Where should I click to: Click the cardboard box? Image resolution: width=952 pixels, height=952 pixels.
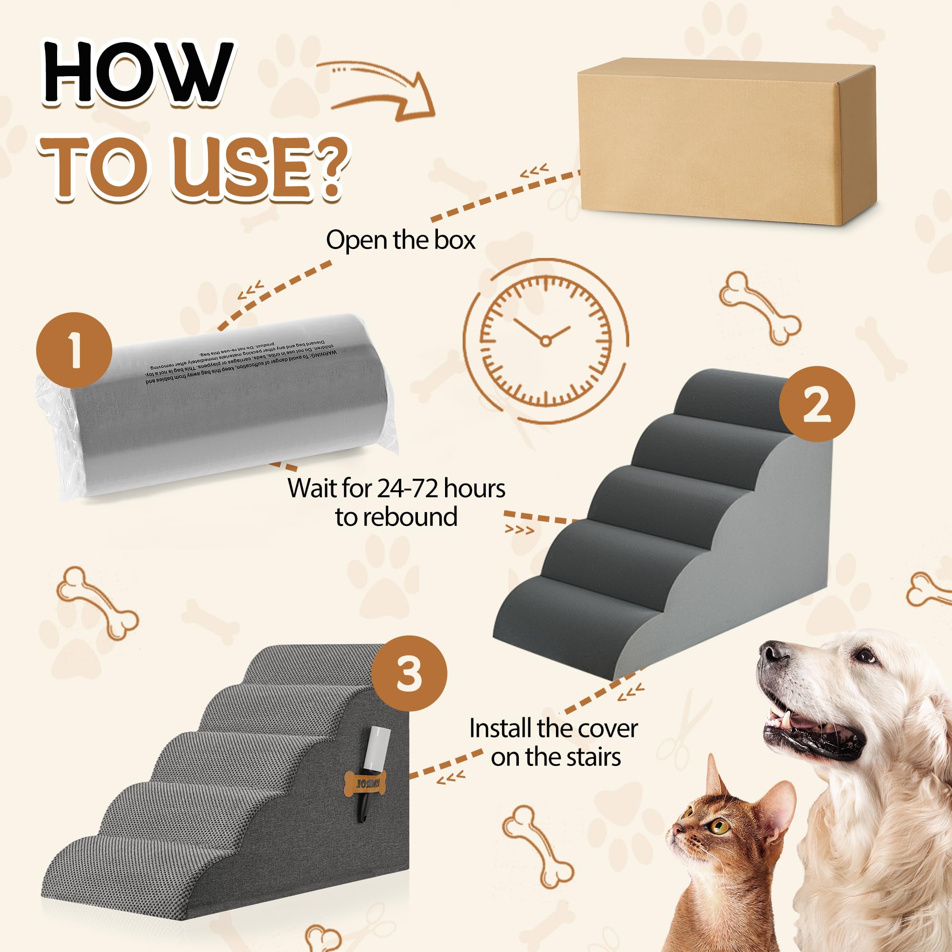coord(724,143)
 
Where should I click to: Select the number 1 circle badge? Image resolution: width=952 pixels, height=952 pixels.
coord(74,350)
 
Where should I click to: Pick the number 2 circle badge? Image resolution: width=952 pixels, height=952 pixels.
coord(816,404)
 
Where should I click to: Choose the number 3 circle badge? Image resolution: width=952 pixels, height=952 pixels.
coord(408,674)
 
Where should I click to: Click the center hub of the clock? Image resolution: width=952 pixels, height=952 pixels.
coord(545,341)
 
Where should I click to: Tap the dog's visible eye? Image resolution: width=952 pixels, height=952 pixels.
coord(866,656)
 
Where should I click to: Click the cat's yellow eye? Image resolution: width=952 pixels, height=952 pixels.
coord(721,825)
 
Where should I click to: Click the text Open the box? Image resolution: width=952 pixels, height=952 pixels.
coord(400,240)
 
